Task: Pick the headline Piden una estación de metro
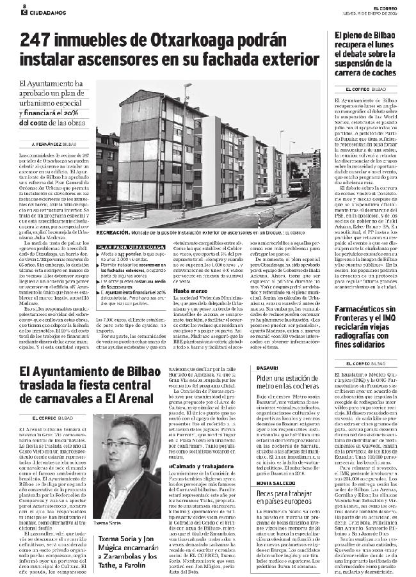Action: pyautogui.click(x=286, y=383)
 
